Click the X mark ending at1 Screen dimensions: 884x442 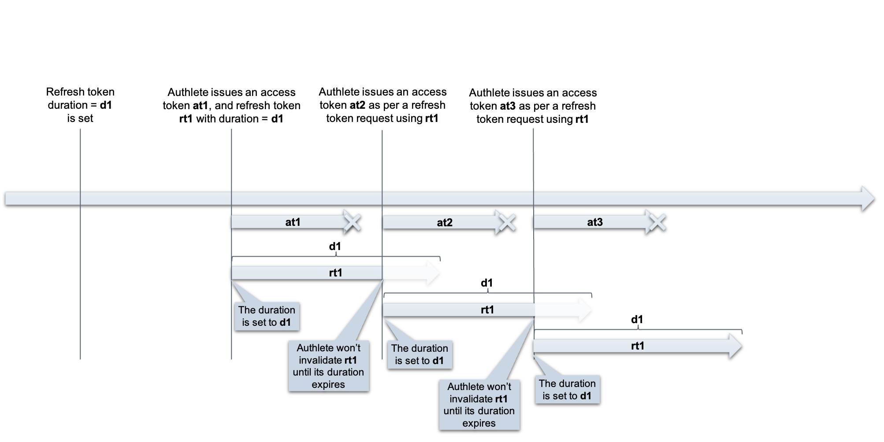click(352, 222)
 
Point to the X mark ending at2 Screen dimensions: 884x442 click(507, 222)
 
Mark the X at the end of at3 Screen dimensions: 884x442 click(657, 222)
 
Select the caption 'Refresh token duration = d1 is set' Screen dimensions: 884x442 click(80, 105)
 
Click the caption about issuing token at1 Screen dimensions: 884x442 click(231, 106)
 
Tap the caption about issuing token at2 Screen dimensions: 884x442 click(383, 105)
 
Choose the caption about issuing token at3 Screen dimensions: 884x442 click(533, 106)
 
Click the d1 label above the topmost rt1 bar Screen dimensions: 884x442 click(335, 246)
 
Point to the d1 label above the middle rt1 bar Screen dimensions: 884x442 click(487, 283)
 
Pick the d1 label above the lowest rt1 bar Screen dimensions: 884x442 click(637, 319)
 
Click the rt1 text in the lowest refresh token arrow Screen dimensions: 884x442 click(637, 346)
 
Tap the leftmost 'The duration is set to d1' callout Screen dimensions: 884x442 click(267, 316)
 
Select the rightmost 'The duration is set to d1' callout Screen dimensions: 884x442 click(567, 390)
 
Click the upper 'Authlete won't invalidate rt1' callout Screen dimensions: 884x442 click(329, 366)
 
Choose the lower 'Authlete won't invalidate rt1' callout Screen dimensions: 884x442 click(479, 405)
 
